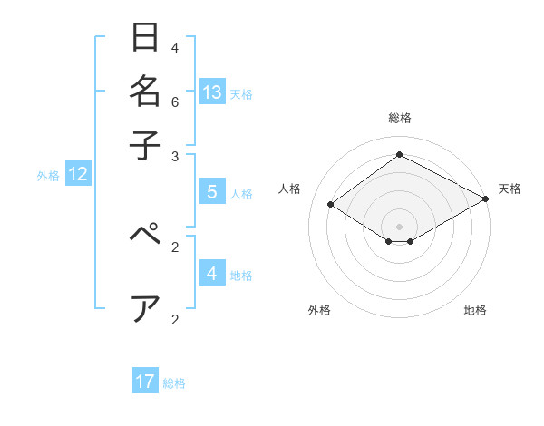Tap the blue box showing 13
tap(212, 92)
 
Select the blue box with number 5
tap(212, 191)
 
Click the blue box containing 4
tap(212, 273)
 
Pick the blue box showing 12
tap(78, 174)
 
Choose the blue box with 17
tap(145, 382)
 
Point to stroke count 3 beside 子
tap(175, 156)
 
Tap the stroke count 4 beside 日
tap(175, 47)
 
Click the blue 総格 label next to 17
tap(174, 383)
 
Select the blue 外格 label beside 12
tap(48, 176)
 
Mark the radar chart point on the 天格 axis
tap(487, 199)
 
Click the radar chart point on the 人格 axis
tap(331, 205)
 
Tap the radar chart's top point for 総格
tap(399, 154)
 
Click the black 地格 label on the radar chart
tap(475, 310)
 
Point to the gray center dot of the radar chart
tap(399, 226)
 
